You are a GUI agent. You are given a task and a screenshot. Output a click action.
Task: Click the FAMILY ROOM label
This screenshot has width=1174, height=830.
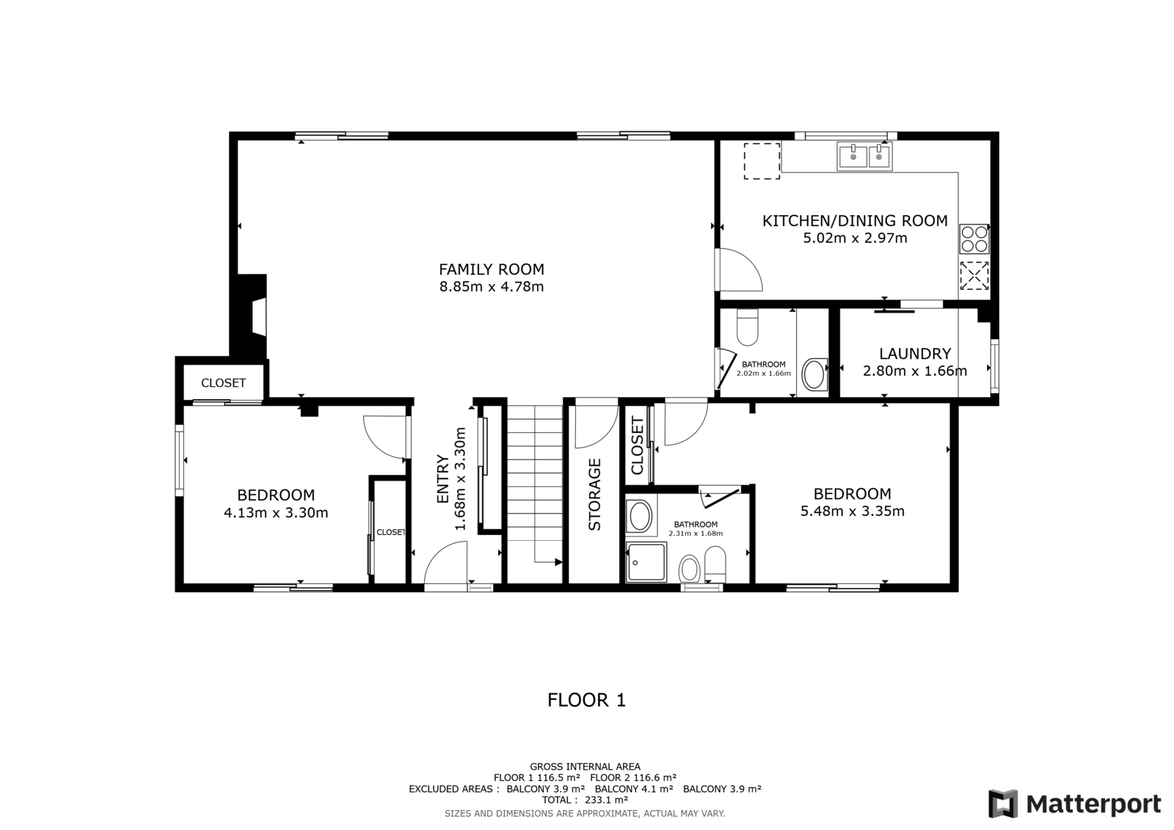click(491, 269)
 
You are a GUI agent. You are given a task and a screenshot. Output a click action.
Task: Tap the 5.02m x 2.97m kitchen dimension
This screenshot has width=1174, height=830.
click(855, 238)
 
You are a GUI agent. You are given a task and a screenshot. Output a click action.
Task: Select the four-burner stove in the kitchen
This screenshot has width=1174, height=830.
click(974, 239)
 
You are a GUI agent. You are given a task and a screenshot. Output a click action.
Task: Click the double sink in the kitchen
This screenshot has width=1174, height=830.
click(864, 156)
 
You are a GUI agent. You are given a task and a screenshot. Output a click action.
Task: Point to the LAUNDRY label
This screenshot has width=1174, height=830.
click(914, 354)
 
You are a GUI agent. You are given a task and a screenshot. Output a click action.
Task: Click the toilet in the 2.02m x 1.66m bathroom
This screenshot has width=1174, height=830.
click(747, 327)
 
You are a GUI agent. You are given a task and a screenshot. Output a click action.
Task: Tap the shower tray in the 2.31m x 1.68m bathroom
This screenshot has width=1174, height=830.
click(646, 562)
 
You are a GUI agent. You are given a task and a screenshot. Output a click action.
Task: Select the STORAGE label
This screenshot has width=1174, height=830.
click(594, 495)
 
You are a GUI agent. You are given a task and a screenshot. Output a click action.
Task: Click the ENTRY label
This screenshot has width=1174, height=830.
click(443, 479)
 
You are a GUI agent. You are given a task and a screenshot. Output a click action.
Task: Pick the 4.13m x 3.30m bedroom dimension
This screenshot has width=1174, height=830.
click(276, 513)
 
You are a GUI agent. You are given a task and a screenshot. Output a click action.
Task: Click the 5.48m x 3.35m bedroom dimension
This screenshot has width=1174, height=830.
click(852, 512)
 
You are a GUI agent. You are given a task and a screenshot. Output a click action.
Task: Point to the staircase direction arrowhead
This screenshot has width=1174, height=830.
click(558, 562)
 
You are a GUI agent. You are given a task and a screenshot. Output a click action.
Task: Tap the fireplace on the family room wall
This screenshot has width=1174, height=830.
click(252, 317)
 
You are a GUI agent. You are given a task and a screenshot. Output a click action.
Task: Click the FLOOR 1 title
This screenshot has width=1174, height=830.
click(586, 700)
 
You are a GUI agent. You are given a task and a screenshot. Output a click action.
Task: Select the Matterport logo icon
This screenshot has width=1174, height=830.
click(1002, 804)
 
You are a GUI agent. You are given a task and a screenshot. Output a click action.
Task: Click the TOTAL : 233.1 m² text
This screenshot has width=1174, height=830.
click(585, 800)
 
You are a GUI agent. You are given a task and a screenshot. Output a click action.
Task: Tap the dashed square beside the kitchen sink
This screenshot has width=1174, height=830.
click(762, 161)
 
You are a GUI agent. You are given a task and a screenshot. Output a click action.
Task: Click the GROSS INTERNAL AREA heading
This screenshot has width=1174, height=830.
click(585, 767)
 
